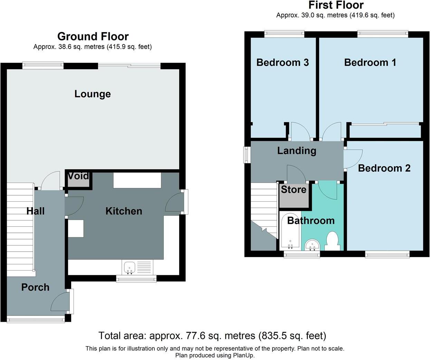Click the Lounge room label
click(93, 94)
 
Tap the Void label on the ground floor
click(78, 176)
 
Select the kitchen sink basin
click(130, 267)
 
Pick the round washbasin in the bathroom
click(313, 245)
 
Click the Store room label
click(294, 189)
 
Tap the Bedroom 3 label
click(282, 63)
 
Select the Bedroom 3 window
click(284, 34)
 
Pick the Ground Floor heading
click(93, 37)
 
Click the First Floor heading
click(336, 5)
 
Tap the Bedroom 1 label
click(370, 63)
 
